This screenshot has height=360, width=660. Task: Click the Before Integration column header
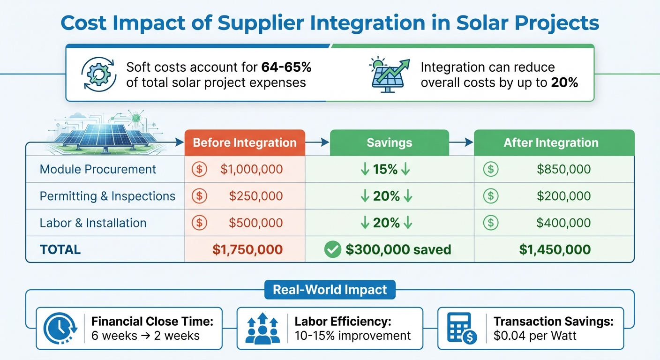pyautogui.click(x=245, y=143)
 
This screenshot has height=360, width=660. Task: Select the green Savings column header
pyautogui.click(x=389, y=143)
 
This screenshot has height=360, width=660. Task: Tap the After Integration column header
pyautogui.click(x=551, y=143)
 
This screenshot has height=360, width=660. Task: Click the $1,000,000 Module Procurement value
pyautogui.click(x=251, y=169)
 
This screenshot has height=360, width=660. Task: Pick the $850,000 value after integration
pyautogui.click(x=563, y=169)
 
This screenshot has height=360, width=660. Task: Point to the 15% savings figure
pyautogui.click(x=386, y=169)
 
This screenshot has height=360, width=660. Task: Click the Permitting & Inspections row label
pyautogui.click(x=107, y=196)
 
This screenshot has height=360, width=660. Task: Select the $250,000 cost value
pyautogui.click(x=256, y=196)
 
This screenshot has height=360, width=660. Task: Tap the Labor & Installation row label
pyautogui.click(x=93, y=223)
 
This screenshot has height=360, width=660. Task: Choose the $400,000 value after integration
pyautogui.click(x=563, y=223)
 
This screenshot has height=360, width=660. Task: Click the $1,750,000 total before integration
pyautogui.click(x=247, y=249)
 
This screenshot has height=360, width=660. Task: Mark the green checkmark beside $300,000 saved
pyautogui.click(x=332, y=250)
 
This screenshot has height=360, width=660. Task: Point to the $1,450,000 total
pyautogui.click(x=555, y=249)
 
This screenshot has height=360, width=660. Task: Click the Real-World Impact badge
pyautogui.click(x=330, y=290)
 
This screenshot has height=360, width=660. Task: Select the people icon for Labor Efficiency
pyautogui.click(x=261, y=329)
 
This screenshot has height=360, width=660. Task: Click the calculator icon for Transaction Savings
pyautogui.click(x=461, y=329)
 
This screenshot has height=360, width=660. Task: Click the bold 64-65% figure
pyautogui.click(x=286, y=67)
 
